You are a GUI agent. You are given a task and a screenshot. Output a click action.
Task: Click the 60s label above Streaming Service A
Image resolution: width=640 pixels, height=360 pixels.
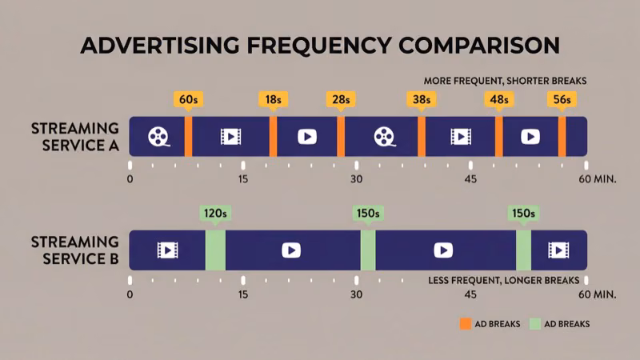tap(189, 100)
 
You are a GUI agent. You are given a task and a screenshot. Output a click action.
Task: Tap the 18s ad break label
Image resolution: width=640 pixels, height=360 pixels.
tap(273, 100)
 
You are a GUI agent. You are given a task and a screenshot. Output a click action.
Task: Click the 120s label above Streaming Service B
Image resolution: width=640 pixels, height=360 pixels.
tap(215, 214)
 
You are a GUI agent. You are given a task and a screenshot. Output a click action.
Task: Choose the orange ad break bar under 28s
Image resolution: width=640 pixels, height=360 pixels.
tap(341, 137)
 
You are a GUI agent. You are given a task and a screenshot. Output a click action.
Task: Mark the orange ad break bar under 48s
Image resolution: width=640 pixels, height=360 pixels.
tap(498, 137)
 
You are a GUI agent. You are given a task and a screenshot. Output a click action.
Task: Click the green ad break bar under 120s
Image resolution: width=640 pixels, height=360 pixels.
tap(215, 250)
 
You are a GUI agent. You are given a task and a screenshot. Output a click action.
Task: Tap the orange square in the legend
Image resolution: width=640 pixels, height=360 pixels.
tap(465, 324)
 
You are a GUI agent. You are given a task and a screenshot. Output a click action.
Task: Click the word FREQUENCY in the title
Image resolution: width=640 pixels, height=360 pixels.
tap(313, 45)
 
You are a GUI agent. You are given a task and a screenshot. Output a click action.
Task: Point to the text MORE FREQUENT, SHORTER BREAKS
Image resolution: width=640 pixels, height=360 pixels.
tap(506, 81)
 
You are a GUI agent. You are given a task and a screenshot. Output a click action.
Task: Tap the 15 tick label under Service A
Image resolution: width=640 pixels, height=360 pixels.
tap(243, 178)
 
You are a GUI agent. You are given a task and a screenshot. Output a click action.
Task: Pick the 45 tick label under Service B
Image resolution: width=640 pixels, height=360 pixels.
tap(470, 294)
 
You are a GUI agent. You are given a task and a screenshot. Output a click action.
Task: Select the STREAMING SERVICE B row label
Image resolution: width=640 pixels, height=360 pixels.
tap(74, 250)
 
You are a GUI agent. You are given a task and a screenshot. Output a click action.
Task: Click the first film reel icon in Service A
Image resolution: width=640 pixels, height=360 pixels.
tap(158, 137)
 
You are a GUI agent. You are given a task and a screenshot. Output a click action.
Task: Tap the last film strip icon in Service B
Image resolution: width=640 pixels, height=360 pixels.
tap(558, 250)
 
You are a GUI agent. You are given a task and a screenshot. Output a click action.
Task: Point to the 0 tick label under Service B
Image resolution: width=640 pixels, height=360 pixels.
tap(130, 294)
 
